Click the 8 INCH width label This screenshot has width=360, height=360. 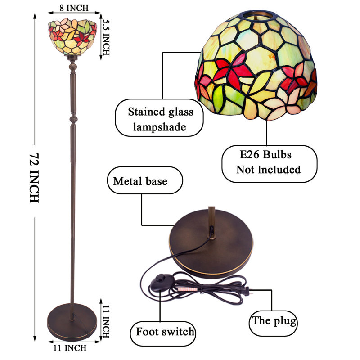74,8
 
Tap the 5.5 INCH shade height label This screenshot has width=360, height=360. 106,37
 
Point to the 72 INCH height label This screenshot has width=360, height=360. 34,178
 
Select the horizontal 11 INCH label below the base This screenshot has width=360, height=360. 70,348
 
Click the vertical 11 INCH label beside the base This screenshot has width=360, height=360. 106,321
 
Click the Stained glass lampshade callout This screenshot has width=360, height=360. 159,118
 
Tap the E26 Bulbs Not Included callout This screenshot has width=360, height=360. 269,164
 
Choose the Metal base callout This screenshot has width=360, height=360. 145,180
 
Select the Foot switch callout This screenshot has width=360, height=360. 163,333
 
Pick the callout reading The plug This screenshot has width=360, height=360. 273,323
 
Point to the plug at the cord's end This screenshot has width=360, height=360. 247,291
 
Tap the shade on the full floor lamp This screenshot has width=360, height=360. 72,37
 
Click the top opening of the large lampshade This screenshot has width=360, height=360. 257,15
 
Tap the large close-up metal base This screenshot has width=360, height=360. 211,243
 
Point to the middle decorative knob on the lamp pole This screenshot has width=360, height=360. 73,120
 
